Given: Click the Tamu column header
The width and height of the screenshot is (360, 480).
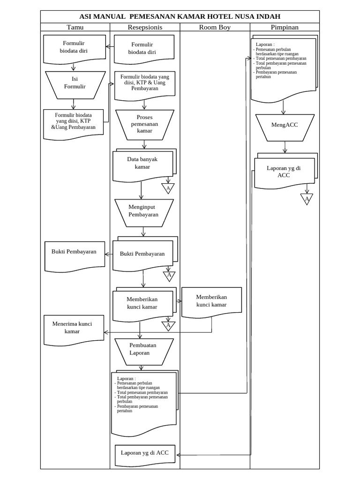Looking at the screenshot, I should pyautogui.click(x=75, y=27).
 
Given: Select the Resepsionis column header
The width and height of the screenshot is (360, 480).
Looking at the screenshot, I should pyautogui.click(x=145, y=27).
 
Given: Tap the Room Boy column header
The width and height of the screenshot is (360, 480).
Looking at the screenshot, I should pyautogui.click(x=215, y=27).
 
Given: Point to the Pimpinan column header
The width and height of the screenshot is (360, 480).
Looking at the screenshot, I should pyautogui.click(x=285, y=27).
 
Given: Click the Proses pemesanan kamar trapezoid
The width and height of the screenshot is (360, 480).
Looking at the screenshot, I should pyautogui.click(x=144, y=124).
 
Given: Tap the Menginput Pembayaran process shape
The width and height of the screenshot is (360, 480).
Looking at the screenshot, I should pyautogui.click(x=144, y=211).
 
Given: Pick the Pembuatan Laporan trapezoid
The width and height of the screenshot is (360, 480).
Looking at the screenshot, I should pyautogui.click(x=139, y=351).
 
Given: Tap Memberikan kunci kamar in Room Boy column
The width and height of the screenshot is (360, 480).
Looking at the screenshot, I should pyautogui.click(x=211, y=301).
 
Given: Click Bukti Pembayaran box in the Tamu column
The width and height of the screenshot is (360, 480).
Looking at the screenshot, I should pyautogui.click(x=74, y=254).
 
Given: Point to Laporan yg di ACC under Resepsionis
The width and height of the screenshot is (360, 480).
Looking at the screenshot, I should pyautogui.click(x=144, y=454).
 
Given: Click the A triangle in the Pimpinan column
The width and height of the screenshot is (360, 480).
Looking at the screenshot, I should pyautogui.click(x=307, y=200).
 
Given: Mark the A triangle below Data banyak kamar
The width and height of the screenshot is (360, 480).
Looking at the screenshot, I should pyautogui.click(x=168, y=188).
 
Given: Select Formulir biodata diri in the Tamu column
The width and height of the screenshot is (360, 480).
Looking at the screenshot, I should pyautogui.click(x=74, y=48).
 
